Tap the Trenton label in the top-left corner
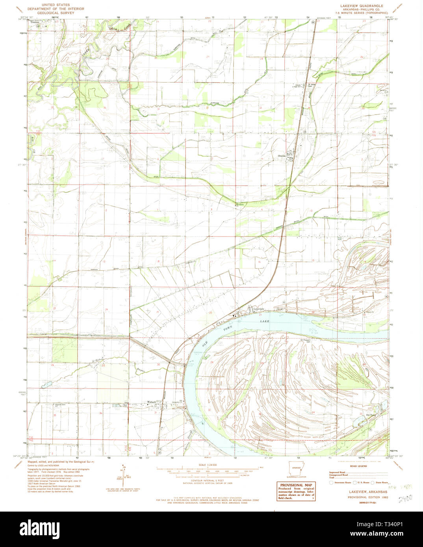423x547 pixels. point(35,23)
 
